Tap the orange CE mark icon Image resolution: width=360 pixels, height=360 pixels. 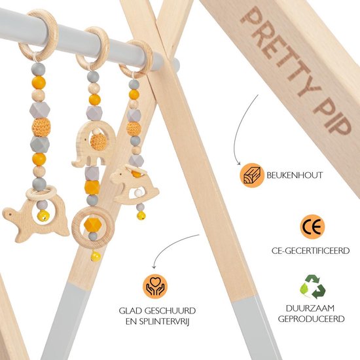click(312, 226)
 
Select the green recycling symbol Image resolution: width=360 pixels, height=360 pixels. click(312, 285)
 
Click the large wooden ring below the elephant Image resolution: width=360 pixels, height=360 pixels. click(92, 226)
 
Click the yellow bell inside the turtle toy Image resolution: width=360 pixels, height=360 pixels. click(43, 215)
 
